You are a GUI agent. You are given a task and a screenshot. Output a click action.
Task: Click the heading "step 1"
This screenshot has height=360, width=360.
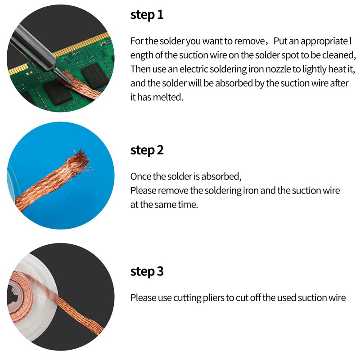coord(147,15)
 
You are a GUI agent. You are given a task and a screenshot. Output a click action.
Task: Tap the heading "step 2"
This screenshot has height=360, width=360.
coord(147,150)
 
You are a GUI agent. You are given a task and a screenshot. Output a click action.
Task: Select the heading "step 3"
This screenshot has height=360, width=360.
coord(147,272)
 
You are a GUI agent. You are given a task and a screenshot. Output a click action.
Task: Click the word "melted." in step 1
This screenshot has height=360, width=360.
coord(168,97)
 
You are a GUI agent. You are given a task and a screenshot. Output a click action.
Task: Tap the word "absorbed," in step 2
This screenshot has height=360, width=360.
coord(221,176)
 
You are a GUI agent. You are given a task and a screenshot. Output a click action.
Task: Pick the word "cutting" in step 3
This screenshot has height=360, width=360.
coord(187,298)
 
